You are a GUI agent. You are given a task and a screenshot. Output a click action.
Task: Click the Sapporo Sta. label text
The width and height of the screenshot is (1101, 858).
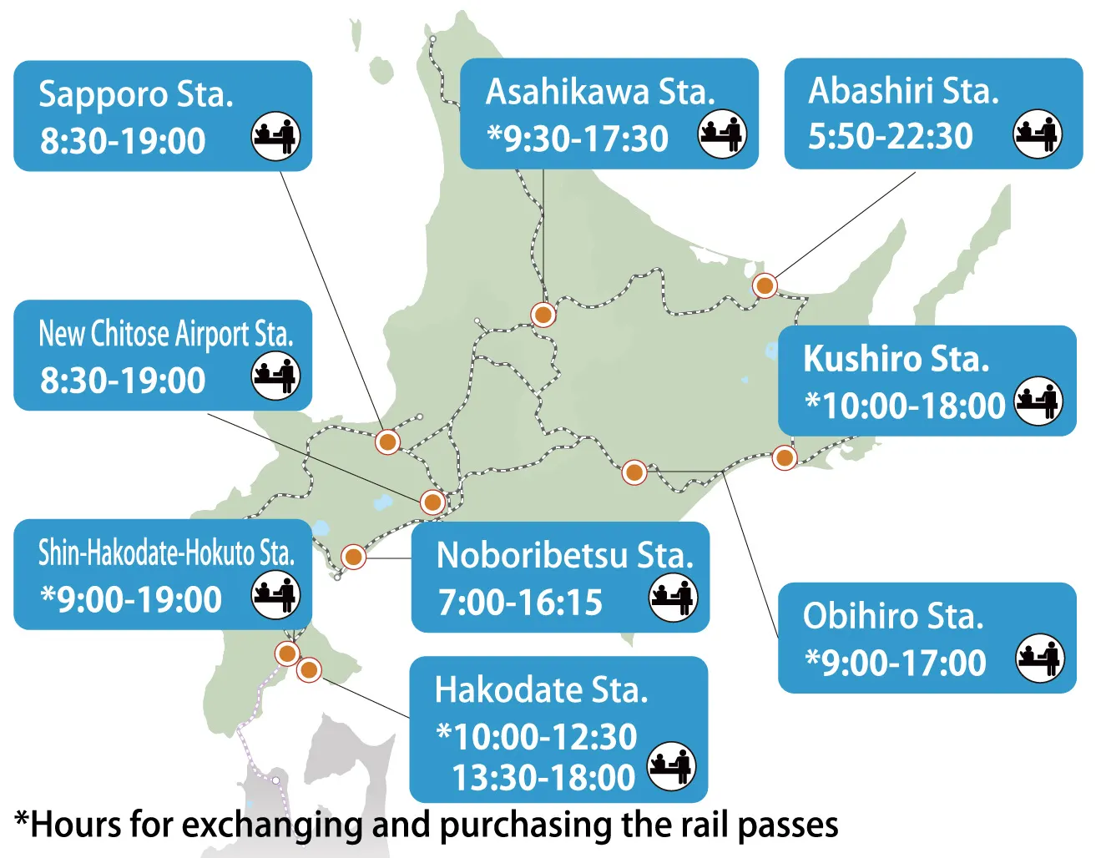coord(135,94)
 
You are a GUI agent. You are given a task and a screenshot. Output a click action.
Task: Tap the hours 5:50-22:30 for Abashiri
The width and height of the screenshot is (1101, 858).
coord(890,136)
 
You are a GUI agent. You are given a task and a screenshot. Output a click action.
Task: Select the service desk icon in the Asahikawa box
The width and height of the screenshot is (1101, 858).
coord(722,134)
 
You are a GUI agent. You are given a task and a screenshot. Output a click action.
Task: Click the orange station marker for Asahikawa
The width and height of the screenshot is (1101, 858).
coord(543,315)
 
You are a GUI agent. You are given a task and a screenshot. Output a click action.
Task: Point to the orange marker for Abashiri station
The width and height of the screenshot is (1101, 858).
coord(765,285)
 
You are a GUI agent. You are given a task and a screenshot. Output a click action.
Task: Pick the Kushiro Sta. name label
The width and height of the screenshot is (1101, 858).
coord(896,359)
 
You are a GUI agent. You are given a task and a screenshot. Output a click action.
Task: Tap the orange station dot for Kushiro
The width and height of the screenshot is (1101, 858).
coord(784,457)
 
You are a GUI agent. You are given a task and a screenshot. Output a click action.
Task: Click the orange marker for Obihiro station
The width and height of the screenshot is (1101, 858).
coord(634,472)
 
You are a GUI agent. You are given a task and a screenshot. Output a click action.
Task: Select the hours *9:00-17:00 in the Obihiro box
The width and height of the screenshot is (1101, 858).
coord(895,663)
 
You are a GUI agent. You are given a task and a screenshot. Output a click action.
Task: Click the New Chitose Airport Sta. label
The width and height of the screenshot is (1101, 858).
coord(166,334)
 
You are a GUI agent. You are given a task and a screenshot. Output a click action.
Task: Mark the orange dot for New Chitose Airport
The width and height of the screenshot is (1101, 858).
coord(432,502)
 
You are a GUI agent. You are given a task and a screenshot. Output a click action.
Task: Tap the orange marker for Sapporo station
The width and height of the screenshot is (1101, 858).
coord(387,442)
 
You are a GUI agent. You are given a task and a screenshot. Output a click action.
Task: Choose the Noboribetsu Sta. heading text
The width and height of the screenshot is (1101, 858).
coord(564,556)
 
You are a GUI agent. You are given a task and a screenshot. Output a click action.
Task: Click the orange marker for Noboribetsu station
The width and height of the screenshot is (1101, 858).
coord(353,556)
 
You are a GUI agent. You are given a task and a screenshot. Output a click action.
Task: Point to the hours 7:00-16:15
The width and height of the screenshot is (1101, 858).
coord(520,602)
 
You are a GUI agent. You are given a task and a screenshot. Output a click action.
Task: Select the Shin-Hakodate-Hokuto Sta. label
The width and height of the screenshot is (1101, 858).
coord(166,553)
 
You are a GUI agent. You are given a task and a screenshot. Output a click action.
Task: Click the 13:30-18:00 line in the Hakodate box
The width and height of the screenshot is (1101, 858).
coord(543,778)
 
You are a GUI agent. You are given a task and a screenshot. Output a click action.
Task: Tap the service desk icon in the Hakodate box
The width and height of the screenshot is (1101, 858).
coord(672,764)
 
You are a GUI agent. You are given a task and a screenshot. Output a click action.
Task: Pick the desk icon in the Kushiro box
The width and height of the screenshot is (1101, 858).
coord(1038,401)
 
